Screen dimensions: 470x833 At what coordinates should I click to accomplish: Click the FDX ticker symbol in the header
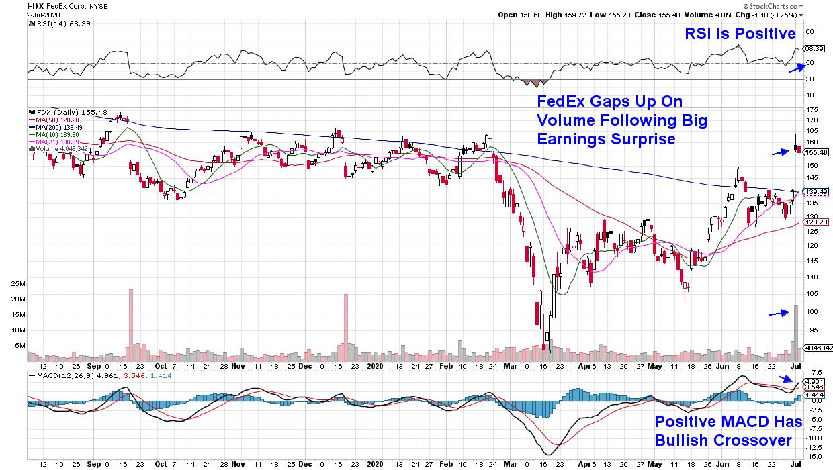[36, 5]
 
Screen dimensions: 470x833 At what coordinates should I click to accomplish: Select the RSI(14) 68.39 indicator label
[60, 23]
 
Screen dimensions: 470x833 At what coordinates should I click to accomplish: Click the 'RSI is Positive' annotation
[740, 34]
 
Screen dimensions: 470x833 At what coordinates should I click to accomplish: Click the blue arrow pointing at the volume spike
[779, 312]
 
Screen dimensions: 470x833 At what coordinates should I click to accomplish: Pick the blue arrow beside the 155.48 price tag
[779, 153]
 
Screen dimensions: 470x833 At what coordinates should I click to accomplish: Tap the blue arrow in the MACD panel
[785, 380]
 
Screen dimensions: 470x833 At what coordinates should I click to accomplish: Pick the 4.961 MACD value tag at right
[814, 381]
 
